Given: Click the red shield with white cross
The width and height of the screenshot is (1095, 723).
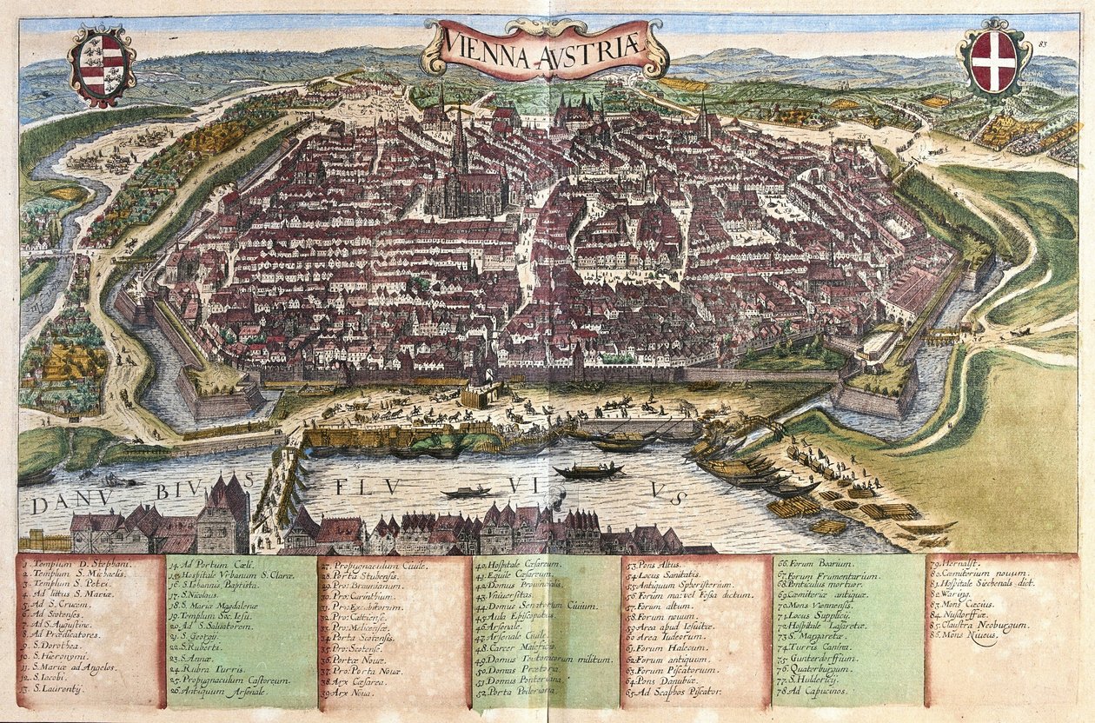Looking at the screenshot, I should coord(993,61).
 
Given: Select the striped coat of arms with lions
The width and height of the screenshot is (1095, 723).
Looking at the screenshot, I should coord(102,63).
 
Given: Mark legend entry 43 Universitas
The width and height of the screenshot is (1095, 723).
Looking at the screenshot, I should coord(509,598).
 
